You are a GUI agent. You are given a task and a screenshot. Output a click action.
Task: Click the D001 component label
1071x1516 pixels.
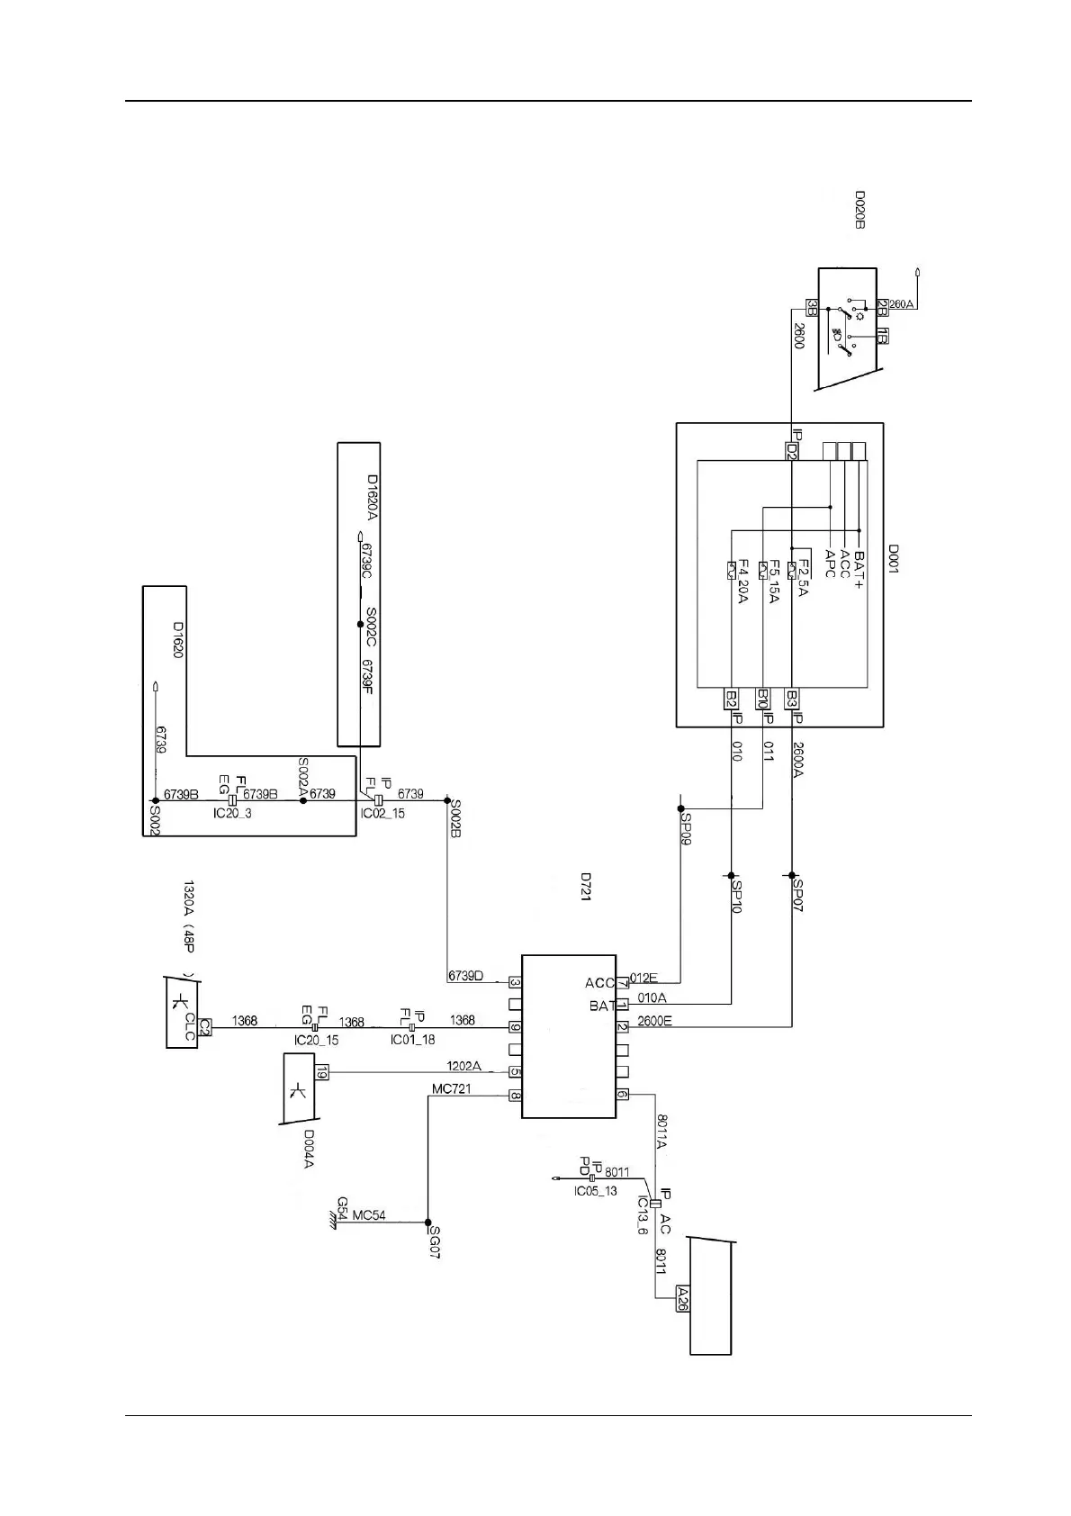894,558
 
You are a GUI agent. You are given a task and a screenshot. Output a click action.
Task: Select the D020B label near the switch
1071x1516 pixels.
859,209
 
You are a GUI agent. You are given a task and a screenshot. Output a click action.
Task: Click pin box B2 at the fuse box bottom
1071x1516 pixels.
732,699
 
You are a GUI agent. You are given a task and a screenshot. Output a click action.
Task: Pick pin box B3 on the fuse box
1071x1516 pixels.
792,699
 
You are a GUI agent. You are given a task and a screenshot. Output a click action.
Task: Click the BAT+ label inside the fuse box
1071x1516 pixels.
858,570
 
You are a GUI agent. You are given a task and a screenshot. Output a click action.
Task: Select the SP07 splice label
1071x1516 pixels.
798,895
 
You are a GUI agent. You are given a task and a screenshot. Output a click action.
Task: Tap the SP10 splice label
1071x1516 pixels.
737,897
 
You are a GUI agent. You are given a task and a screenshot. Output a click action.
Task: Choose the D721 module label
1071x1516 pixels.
585,887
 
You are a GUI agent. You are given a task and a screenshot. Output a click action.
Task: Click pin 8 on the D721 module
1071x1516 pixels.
516,1096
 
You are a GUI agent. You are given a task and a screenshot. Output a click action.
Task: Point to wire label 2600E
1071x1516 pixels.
654,1021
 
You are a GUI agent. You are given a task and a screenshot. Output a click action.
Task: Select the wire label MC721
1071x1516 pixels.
451,1089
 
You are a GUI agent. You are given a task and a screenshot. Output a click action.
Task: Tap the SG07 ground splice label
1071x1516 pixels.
434,1242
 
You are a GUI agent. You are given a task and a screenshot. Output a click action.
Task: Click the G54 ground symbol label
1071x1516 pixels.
343,1209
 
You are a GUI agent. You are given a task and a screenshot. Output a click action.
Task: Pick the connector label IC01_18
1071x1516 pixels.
412,1040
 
